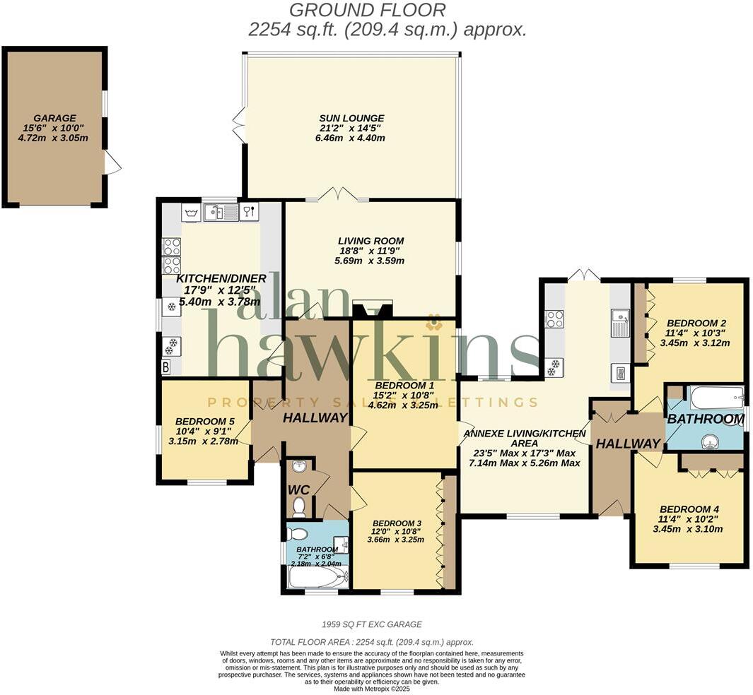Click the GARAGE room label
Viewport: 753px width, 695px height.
[54, 118]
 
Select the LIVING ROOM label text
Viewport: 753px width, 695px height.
[370, 241]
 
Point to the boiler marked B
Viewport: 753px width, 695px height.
[166, 367]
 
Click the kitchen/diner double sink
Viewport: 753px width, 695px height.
[221, 212]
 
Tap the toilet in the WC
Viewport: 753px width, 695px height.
[299, 505]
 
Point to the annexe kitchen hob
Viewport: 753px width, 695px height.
[554, 319]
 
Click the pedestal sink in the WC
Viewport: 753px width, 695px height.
[299, 467]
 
